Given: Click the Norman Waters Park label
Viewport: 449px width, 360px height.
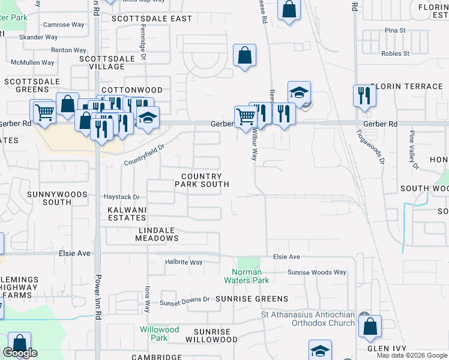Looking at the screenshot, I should [246, 275].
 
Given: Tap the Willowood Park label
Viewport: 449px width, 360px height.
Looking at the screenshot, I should [159, 334].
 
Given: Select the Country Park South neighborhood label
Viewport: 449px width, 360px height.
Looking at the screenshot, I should [202, 180].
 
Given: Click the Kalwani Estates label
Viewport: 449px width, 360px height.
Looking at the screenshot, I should [127, 213].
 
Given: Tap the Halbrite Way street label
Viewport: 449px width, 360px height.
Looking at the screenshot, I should [184, 262].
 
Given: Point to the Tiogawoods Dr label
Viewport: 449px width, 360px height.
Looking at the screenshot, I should [370, 146].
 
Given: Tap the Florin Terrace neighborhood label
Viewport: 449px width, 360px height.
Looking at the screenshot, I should [406, 86].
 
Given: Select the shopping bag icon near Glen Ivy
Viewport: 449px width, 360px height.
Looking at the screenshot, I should [370, 327].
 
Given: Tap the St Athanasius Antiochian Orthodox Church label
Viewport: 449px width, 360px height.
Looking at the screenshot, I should [307, 319].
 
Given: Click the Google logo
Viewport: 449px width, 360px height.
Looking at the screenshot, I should [20, 353].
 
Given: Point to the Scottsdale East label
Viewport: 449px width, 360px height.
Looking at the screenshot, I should [151, 19].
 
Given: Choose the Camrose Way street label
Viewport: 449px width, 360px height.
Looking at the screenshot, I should [64, 25].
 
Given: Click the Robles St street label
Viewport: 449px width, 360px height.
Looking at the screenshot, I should [395, 53].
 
